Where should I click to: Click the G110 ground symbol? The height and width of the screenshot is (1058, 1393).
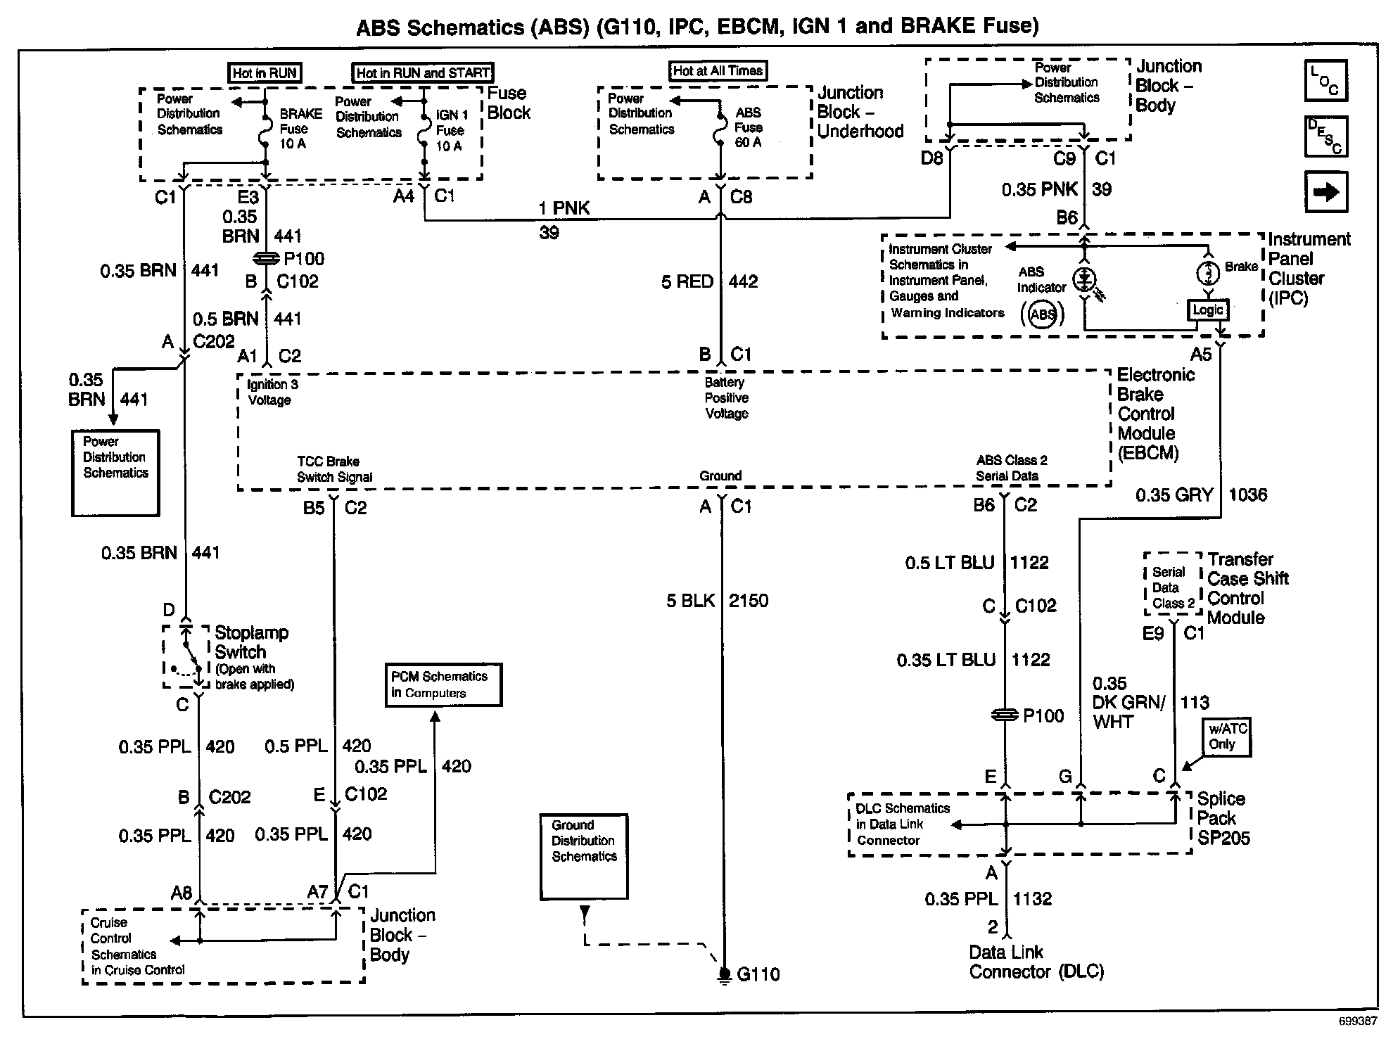[724, 975]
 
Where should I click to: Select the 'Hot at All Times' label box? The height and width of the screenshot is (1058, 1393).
[718, 71]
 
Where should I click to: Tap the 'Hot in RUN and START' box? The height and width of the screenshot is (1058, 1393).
[423, 72]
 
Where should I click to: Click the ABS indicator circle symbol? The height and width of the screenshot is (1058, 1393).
[1043, 314]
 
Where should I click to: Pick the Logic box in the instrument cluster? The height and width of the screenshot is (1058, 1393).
[1207, 310]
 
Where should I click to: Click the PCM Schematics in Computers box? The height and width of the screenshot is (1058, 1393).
[443, 684]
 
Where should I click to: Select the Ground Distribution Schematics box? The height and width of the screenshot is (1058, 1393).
[584, 856]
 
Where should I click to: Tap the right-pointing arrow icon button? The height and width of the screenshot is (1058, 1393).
[1326, 191]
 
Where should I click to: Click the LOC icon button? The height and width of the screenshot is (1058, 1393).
[1326, 80]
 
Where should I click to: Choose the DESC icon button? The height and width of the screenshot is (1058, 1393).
[1326, 136]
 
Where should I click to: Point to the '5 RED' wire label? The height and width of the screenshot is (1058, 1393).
[687, 282]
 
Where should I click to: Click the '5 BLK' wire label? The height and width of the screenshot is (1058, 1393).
[690, 601]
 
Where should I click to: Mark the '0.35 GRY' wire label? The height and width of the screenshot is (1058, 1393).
[1174, 495]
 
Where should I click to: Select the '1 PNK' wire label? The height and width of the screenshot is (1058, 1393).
[564, 208]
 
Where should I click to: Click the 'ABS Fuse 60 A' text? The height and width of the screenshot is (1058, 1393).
[748, 127]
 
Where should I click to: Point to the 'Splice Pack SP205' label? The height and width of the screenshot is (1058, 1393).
[1223, 818]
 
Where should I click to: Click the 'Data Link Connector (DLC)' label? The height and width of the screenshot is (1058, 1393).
[1036, 962]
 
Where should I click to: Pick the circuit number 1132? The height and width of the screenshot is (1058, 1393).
[1032, 899]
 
